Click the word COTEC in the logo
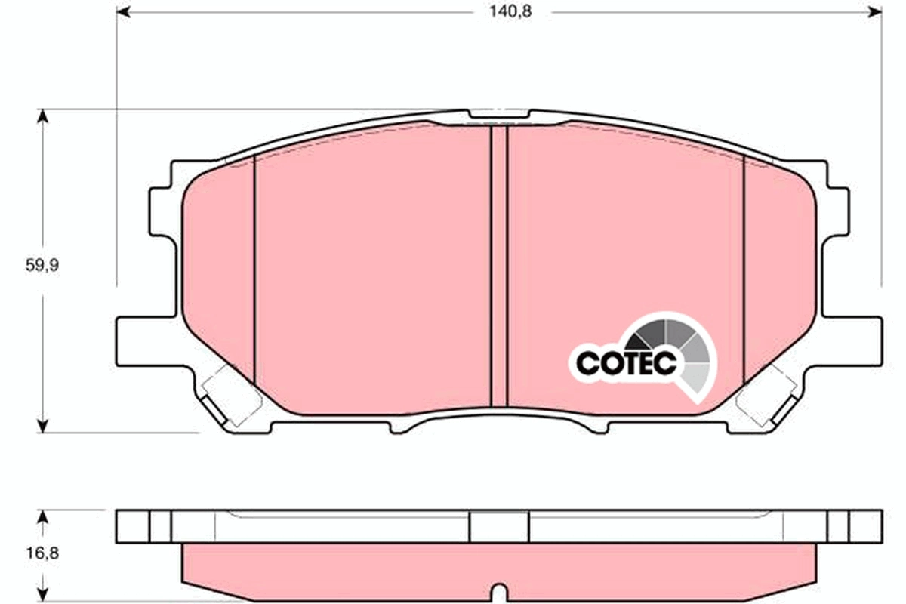point(626,363)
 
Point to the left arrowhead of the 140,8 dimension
point(122,12)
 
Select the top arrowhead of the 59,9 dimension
point(43,116)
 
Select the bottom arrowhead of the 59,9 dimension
point(43,427)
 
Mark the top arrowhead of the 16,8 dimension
point(43,515)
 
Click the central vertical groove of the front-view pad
point(498,264)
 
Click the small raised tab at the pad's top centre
point(498,114)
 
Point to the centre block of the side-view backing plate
point(498,525)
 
